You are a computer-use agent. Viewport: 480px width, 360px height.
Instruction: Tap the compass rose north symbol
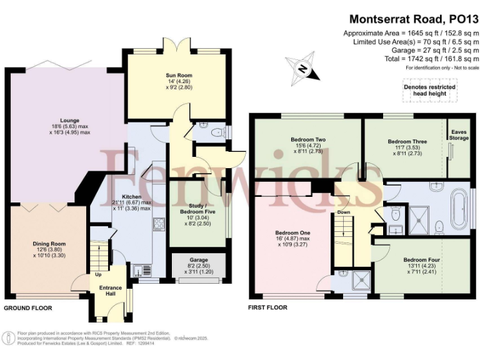click(x=302, y=69)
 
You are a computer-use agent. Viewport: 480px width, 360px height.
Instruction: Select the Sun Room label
click(x=179, y=76)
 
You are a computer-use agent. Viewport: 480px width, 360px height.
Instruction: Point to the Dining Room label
click(x=49, y=243)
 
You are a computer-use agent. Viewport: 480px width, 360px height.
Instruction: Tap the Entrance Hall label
click(x=107, y=291)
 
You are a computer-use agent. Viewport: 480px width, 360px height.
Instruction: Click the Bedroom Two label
click(x=306, y=139)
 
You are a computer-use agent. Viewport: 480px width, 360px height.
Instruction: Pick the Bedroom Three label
click(x=402, y=142)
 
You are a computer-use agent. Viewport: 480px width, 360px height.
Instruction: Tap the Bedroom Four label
click(x=421, y=259)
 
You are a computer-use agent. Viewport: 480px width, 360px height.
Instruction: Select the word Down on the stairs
click(x=344, y=212)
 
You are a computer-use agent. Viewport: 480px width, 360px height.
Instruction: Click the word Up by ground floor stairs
click(x=98, y=274)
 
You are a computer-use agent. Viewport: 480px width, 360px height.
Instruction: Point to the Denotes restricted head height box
click(x=429, y=90)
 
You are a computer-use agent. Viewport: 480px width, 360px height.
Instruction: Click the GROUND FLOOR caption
click(x=28, y=308)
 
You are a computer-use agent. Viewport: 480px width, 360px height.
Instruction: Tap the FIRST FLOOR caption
click(x=268, y=307)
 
